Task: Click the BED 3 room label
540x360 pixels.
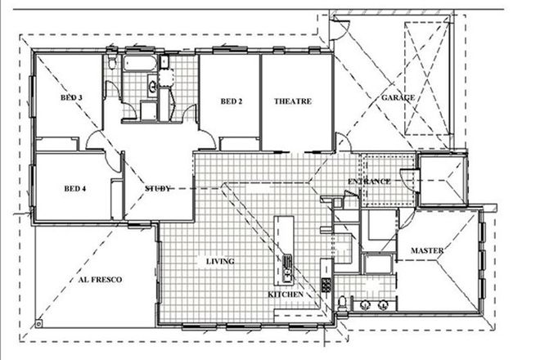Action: (x=72, y=97)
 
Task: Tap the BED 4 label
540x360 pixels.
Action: (x=75, y=187)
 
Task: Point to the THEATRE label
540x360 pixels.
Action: (x=292, y=101)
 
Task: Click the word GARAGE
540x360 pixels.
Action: (x=398, y=97)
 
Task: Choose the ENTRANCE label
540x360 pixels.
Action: (x=369, y=181)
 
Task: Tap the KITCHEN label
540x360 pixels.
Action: (x=286, y=294)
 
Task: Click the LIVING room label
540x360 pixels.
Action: (x=220, y=262)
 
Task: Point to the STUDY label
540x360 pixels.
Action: (x=157, y=189)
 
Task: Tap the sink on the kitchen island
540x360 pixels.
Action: (x=287, y=263)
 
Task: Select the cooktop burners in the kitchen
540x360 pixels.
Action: (x=326, y=286)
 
